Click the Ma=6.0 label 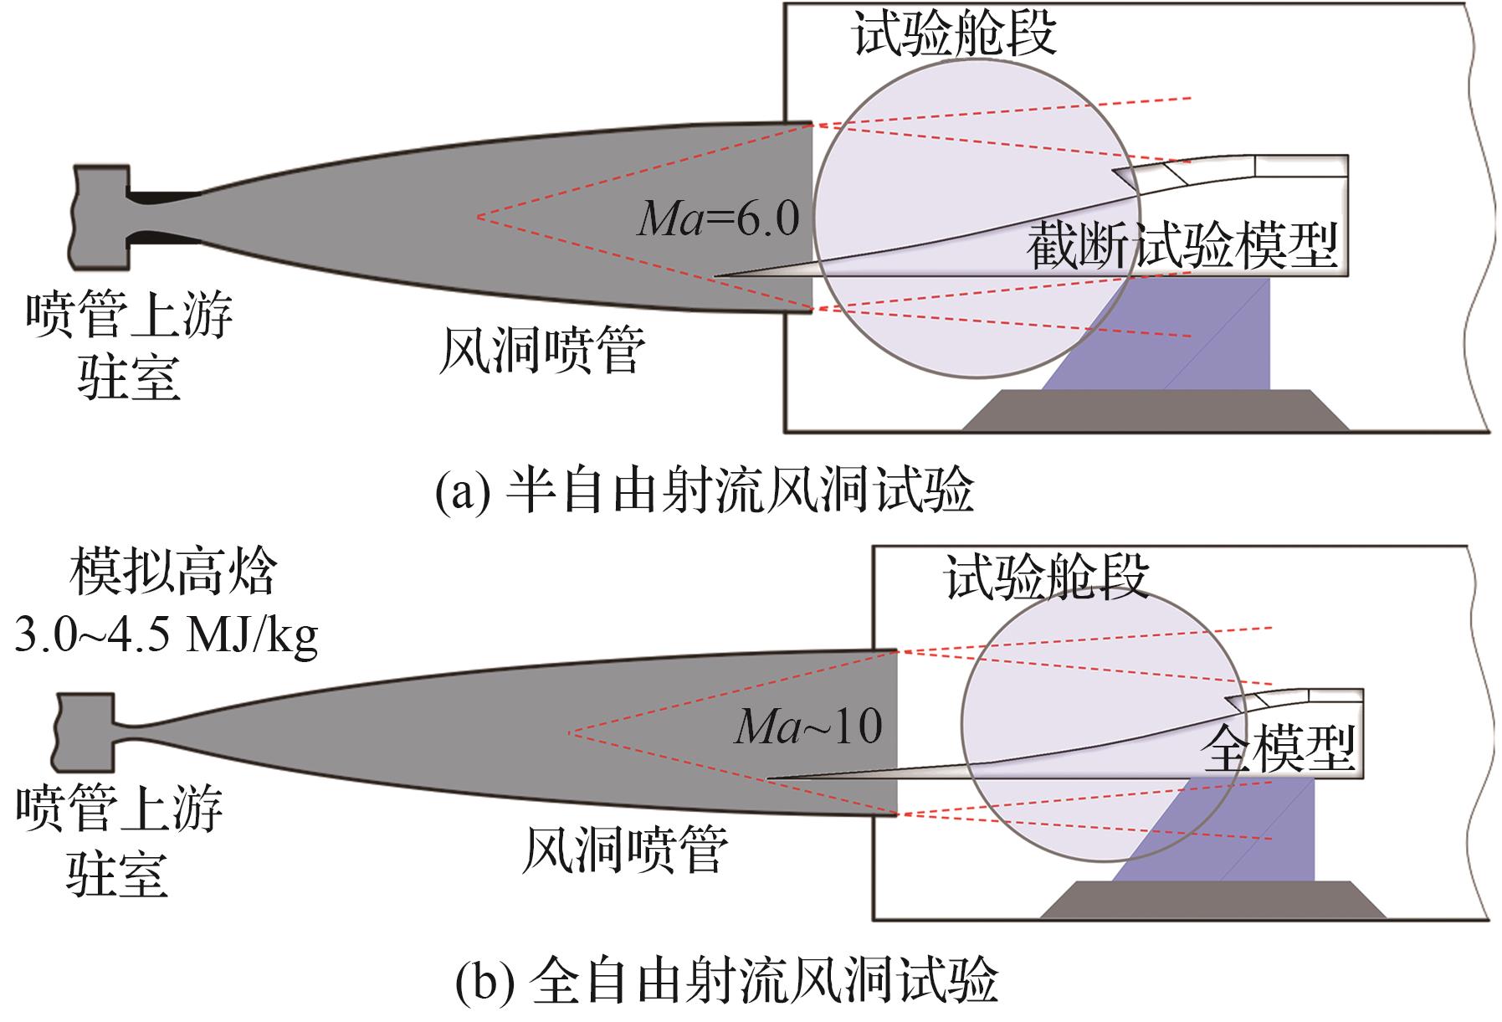pos(718,218)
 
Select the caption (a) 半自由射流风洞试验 pos(705,491)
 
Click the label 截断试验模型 pos(1182,245)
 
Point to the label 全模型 pos(1277,747)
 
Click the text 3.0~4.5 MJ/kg pos(166,635)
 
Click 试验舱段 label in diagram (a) pos(954,34)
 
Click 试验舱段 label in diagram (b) pos(1047,577)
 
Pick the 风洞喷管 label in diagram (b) pos(624,850)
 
